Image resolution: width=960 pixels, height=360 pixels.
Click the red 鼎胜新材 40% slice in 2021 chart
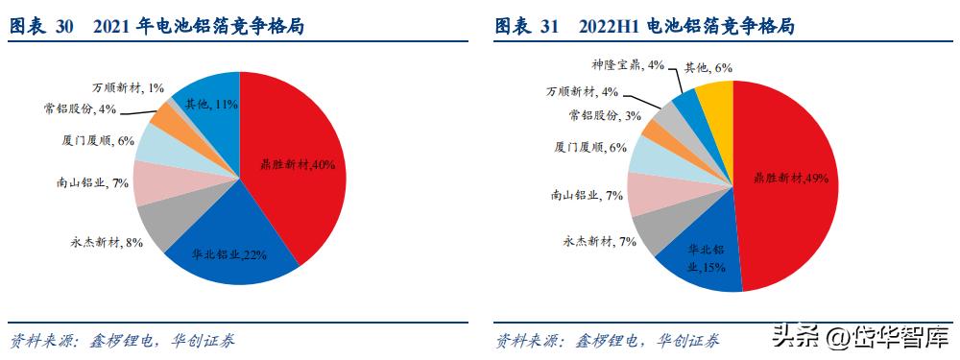coord(298,163)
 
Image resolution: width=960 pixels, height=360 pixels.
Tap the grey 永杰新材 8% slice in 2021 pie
coord(156,224)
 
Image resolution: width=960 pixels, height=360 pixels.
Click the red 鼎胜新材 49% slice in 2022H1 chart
coord(787,182)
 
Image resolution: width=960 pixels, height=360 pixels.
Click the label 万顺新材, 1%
coord(129,87)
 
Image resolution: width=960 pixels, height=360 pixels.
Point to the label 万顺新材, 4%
coord(582,92)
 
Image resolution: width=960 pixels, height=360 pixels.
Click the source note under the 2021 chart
coord(122,340)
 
